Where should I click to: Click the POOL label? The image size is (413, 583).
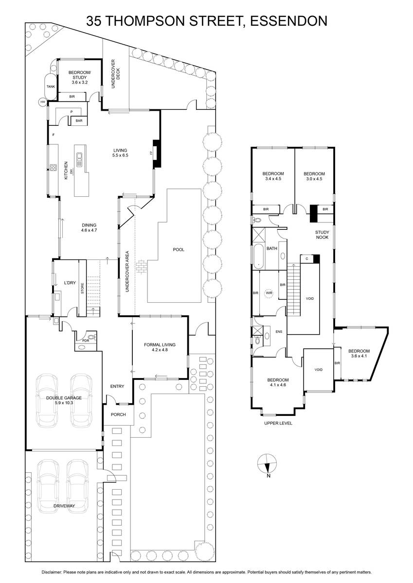click(x=179, y=250)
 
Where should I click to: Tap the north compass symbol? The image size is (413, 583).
click(x=267, y=464)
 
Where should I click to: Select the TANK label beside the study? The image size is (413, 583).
click(x=51, y=86)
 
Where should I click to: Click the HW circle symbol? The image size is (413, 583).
click(x=43, y=102)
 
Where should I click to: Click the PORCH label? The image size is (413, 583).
click(x=118, y=414)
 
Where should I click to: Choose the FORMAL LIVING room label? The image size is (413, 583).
click(x=160, y=347)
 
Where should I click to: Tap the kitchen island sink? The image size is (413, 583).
click(x=79, y=157)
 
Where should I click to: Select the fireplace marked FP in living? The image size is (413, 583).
click(x=156, y=154)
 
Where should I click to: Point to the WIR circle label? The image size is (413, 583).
click(x=269, y=293)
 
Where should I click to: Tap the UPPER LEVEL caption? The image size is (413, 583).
click(x=277, y=423)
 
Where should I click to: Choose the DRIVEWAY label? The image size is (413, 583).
click(x=64, y=506)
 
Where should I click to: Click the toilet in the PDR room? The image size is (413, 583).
click(x=91, y=336)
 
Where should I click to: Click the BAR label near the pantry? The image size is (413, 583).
click(x=78, y=120)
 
